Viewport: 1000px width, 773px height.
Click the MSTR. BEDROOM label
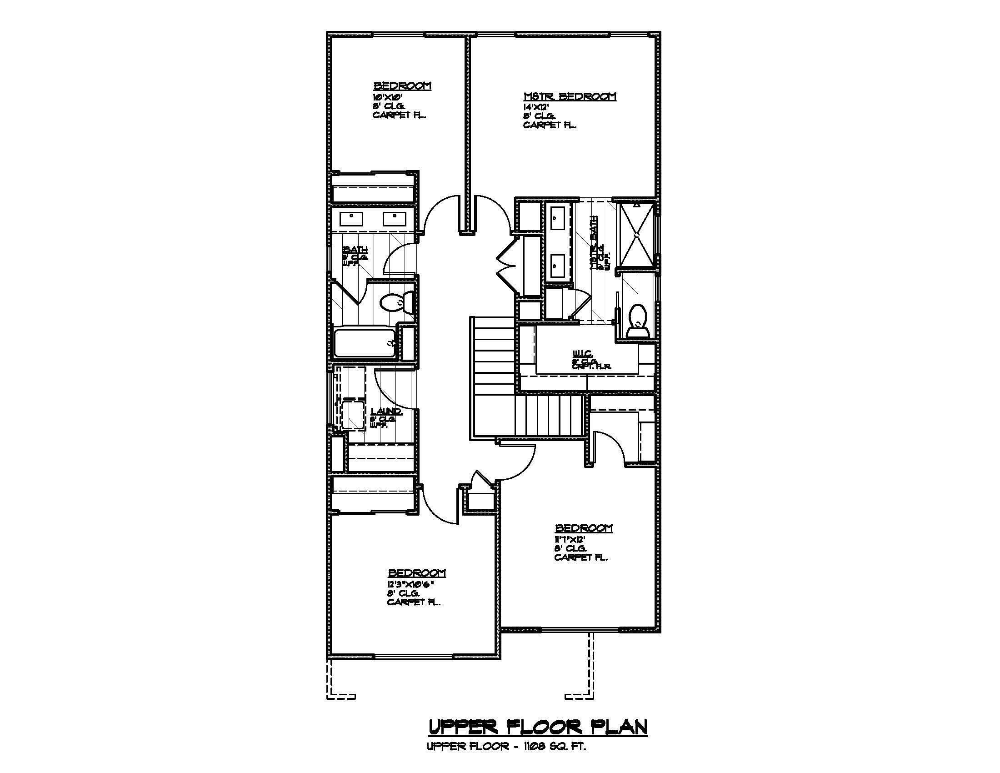570,96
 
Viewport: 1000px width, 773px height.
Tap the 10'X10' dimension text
387,97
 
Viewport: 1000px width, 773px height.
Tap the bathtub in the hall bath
365,343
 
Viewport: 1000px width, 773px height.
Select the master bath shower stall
636,235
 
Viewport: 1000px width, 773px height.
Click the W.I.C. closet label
583,353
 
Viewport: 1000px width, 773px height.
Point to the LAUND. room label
386,411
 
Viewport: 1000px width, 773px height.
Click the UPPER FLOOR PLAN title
538,727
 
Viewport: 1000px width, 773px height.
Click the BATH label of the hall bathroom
355,250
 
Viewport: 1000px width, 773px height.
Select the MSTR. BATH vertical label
595,243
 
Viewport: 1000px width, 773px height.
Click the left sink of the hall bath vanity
351,219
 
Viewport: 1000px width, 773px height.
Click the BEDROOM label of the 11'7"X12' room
583,528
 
